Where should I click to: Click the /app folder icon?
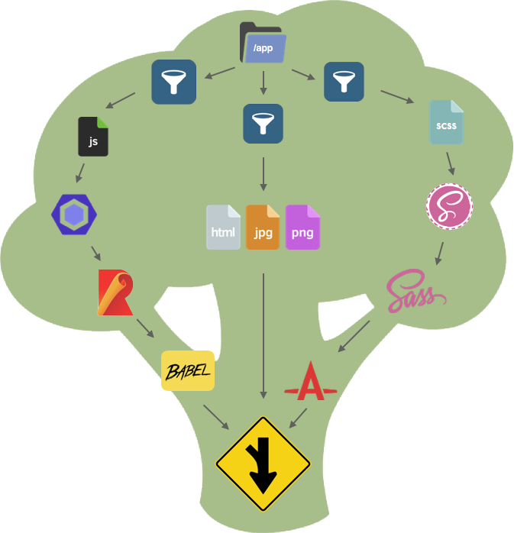[263, 43]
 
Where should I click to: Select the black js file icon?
[93, 136]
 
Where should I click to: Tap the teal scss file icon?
[446, 122]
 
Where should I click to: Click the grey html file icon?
[223, 227]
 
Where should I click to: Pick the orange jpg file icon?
[263, 227]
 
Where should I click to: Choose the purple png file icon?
[302, 227]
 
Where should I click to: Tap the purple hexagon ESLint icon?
[73, 215]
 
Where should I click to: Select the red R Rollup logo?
[115, 292]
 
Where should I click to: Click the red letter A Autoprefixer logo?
[310, 382]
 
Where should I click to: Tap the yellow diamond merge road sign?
[263, 464]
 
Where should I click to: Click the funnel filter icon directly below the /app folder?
[263, 123]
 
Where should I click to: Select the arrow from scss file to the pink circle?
[450, 162]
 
